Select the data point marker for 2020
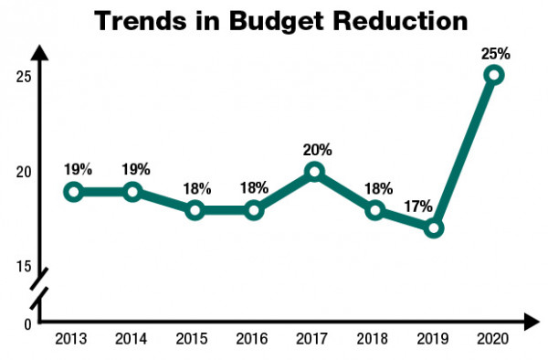(x=494, y=75)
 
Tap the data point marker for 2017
(x=314, y=171)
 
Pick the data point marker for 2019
(x=434, y=228)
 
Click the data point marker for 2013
(x=74, y=191)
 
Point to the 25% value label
(x=494, y=52)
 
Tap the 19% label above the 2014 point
(x=134, y=169)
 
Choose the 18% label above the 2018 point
(x=377, y=188)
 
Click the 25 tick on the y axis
(x=24, y=76)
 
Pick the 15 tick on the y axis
(x=24, y=267)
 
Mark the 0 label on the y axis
(x=27, y=323)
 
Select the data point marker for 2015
(x=194, y=210)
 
